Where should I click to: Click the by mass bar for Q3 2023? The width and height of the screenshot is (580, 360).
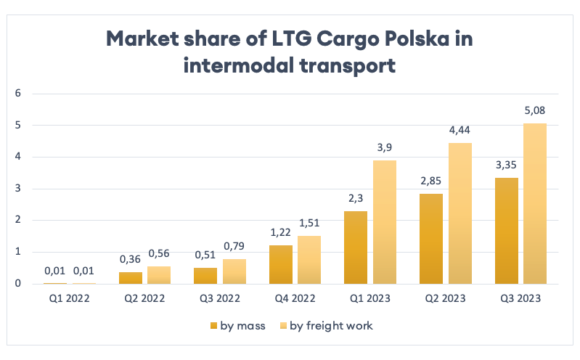pos(507,231)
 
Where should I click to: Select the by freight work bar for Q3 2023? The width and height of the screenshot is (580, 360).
pos(535,203)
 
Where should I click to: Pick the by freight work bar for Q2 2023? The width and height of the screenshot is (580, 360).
pos(459,213)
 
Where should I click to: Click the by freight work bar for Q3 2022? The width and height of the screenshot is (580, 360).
pos(234,271)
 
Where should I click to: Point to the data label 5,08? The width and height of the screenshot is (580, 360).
pos(535,111)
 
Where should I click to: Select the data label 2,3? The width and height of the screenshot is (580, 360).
pos(356,199)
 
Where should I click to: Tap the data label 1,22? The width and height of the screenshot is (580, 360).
pos(280,233)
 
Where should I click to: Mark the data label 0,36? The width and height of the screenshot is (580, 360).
pos(130,260)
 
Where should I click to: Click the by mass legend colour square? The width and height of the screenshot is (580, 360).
pos(214,326)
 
